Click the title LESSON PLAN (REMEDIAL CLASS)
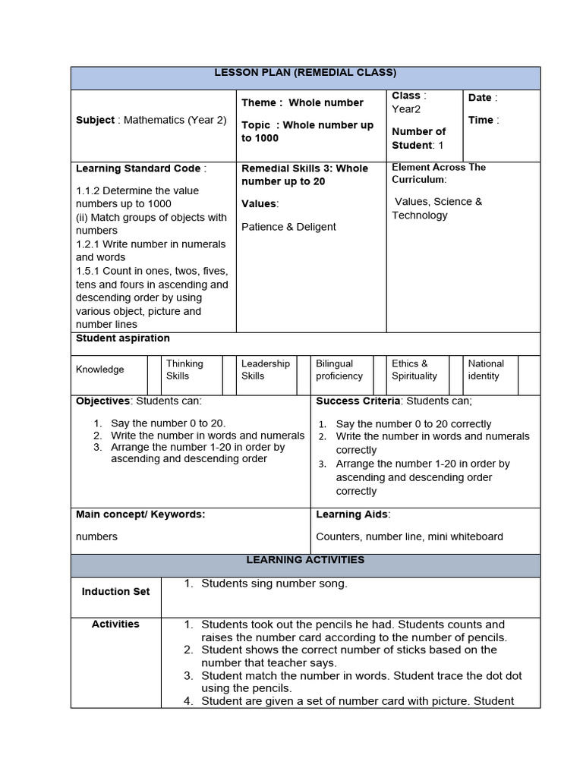(305, 73)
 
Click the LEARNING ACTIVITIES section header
(305, 560)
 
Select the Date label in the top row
(482, 98)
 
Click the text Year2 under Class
(406, 109)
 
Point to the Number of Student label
(418, 138)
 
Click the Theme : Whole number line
(302, 102)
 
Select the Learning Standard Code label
(140, 168)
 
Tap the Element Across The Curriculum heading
(439, 173)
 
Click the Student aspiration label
(123, 338)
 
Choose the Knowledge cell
(100, 370)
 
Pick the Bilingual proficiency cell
(339, 370)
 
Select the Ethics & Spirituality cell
(414, 370)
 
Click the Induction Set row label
(116, 592)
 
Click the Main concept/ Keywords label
(140, 514)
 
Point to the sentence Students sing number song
(274, 584)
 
